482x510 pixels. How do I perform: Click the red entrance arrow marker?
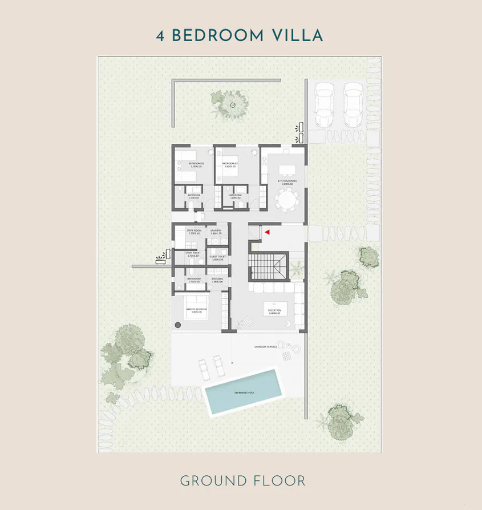(266, 232)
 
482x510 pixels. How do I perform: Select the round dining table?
(286, 200)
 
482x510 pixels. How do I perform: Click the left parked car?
(325, 104)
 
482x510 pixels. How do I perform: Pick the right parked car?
(353, 104)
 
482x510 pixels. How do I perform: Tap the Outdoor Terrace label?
(266, 346)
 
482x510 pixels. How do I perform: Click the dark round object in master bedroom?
(177, 325)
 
